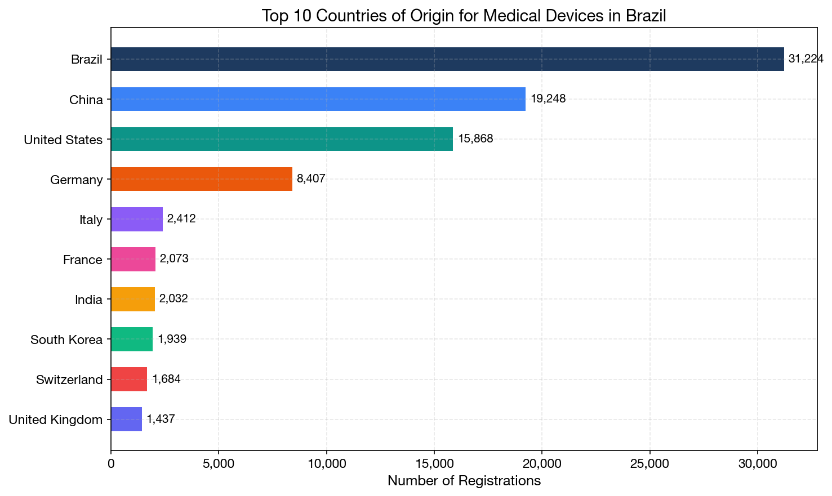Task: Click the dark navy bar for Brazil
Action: tap(447, 59)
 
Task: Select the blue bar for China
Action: tap(318, 99)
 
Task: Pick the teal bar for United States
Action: tap(282, 139)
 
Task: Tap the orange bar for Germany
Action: tap(201, 179)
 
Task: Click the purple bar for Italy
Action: tap(136, 219)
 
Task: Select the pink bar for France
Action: tap(133, 259)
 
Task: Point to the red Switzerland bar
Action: tap(128, 379)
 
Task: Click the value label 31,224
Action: tap(806, 59)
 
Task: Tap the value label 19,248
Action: tap(548, 99)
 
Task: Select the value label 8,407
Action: tap(311, 179)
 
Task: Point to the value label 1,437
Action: tap(161, 419)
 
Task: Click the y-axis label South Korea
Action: tap(66, 339)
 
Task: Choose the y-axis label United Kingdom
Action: tap(56, 419)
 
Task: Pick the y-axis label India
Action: tap(88, 300)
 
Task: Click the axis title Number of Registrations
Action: tap(464, 481)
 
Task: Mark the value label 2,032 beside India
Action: tap(173, 299)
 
